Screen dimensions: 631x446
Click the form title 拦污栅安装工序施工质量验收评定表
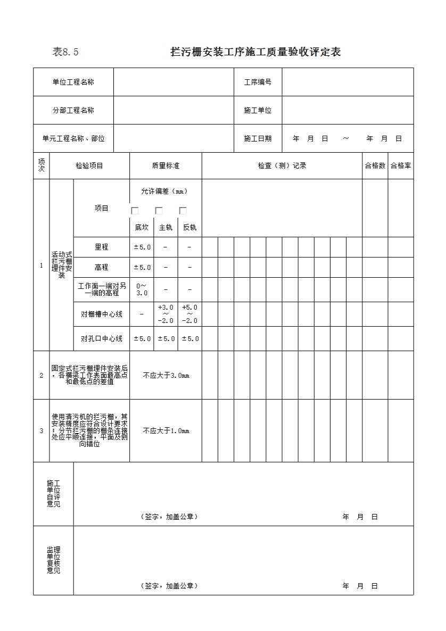pyautogui.click(x=255, y=52)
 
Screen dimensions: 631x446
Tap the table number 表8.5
pyautogui.click(x=65, y=52)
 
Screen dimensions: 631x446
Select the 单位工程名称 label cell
pyautogui.click(x=73, y=82)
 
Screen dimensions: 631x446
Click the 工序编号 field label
pyautogui.click(x=258, y=82)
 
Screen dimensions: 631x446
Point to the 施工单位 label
pyautogui.click(x=258, y=111)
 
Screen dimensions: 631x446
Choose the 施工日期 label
pyautogui.click(x=258, y=139)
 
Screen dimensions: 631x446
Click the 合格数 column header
pyautogui.click(x=375, y=166)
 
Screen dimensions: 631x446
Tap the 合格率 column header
pyautogui.click(x=400, y=166)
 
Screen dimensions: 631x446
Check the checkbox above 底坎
pyautogui.click(x=135, y=211)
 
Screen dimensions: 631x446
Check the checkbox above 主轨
pyautogui.click(x=159, y=211)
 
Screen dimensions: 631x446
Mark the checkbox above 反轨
pyautogui.click(x=183, y=211)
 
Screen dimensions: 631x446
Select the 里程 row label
pyautogui.click(x=101, y=247)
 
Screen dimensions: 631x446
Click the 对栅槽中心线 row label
pyautogui.click(x=101, y=314)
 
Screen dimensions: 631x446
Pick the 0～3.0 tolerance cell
pyautogui.click(x=142, y=289)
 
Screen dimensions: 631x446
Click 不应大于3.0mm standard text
pyautogui.click(x=166, y=376)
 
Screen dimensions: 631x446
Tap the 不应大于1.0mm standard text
pyautogui.click(x=166, y=431)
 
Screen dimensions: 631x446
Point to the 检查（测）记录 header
pyautogui.click(x=282, y=166)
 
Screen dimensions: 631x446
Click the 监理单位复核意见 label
pyautogui.click(x=53, y=560)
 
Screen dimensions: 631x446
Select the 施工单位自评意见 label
pyautogui.click(x=53, y=493)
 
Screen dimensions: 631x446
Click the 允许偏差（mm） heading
pyautogui.click(x=165, y=192)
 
